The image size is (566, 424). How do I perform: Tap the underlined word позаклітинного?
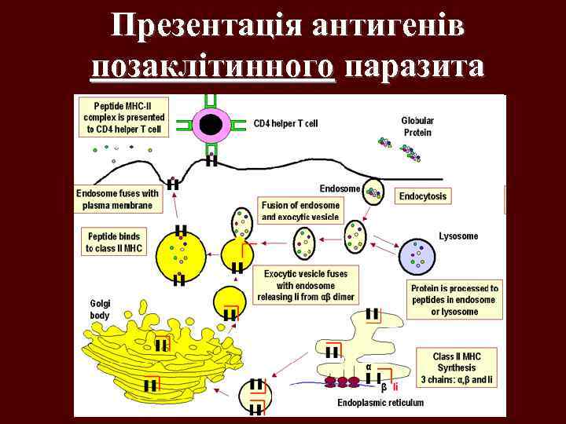click(213, 68)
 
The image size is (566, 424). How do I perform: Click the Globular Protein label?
click(417, 126)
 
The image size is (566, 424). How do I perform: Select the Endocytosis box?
click(424, 196)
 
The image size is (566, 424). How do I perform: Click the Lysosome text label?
click(458, 236)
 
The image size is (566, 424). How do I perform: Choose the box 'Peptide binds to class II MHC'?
click(115, 242)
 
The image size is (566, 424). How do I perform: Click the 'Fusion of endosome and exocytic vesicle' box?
click(300, 210)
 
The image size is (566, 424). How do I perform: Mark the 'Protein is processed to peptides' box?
click(454, 300)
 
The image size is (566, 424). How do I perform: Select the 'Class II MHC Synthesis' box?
click(457, 367)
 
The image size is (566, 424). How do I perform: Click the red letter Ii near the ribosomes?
click(396, 386)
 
